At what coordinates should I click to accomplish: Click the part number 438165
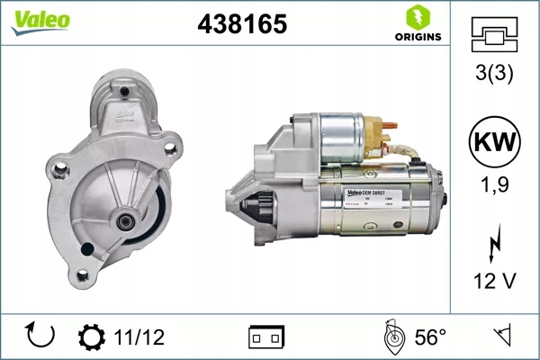[x=242, y=24]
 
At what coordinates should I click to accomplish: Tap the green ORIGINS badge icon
[x=417, y=17]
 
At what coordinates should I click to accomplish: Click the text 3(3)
[x=494, y=75]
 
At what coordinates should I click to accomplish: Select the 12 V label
[x=494, y=282]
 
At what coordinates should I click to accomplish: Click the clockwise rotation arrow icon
[x=40, y=337]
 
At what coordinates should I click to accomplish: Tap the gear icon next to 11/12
[x=92, y=337]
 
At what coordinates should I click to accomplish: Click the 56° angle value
[x=430, y=337]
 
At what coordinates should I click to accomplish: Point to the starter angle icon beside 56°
[x=391, y=337]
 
